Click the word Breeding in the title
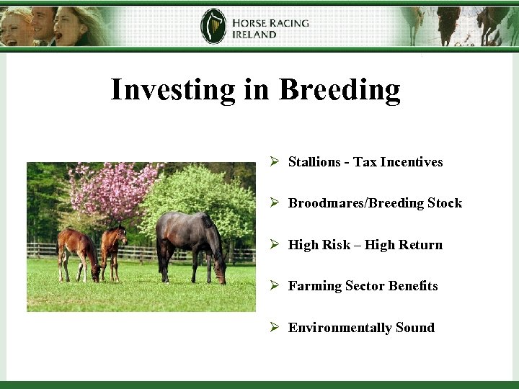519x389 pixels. [x=339, y=90]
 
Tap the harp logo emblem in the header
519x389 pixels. [x=213, y=27]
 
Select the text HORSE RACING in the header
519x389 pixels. [x=270, y=22]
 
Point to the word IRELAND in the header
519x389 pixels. [x=254, y=35]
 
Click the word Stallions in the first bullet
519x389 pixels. [x=314, y=162]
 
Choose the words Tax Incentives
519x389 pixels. [x=398, y=162]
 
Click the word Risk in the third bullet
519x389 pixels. [x=336, y=245]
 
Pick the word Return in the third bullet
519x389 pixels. [x=421, y=245]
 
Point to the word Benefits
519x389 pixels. [x=412, y=286]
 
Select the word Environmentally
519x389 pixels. [x=340, y=328]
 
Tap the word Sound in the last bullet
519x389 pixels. [x=414, y=328]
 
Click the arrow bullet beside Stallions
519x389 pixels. [x=275, y=162]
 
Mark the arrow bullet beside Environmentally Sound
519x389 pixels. [x=275, y=328]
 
